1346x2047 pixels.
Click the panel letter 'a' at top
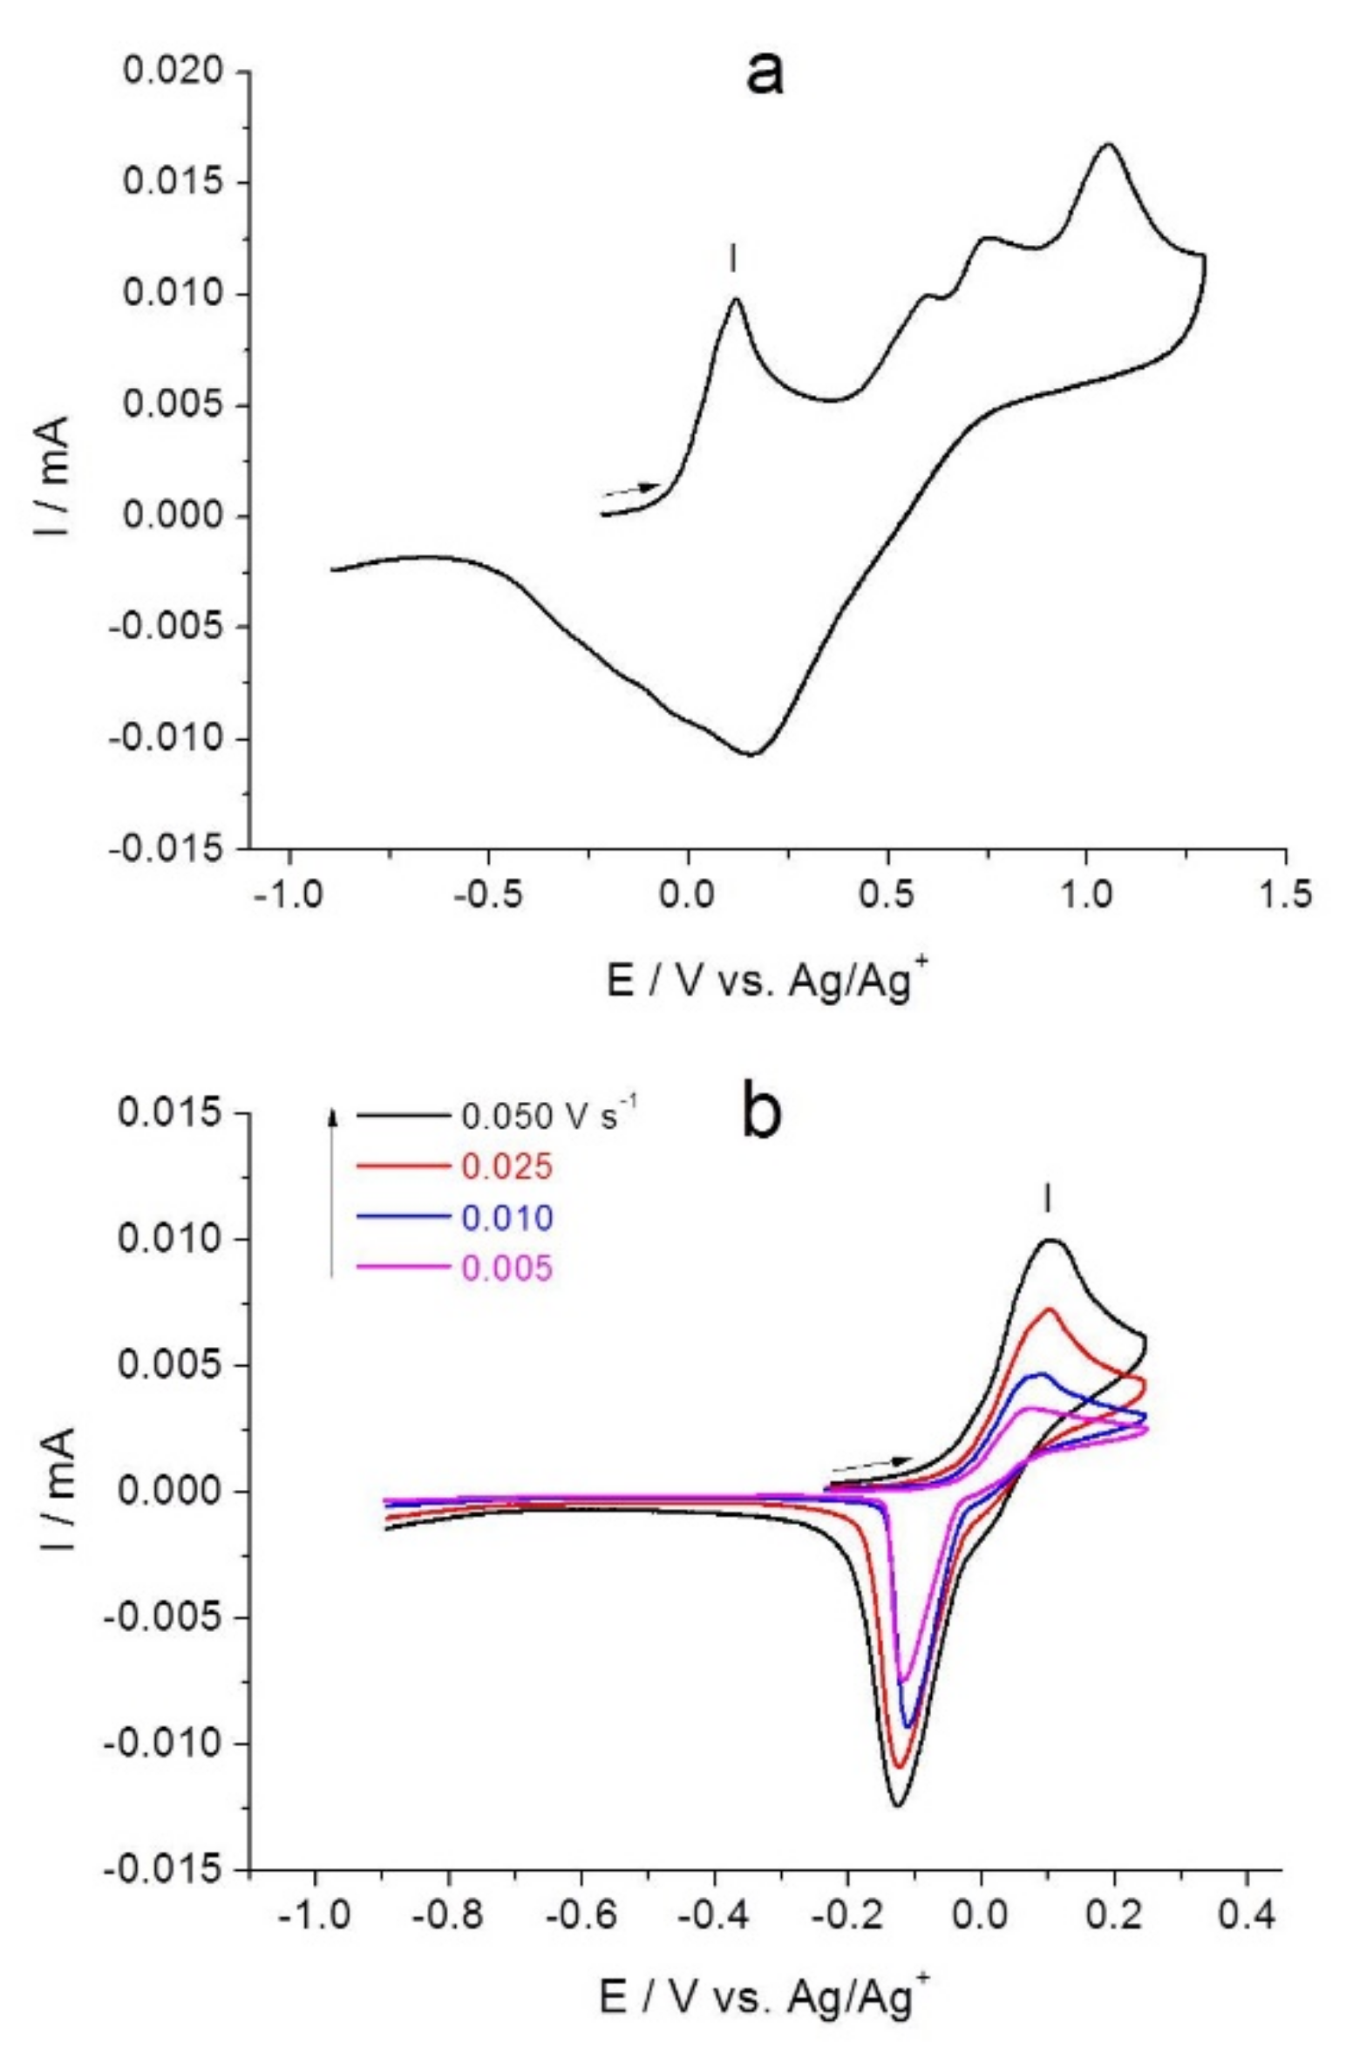[x=764, y=73]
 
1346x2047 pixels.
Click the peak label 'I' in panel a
[x=733, y=258]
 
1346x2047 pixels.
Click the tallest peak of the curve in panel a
[x=1108, y=145]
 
